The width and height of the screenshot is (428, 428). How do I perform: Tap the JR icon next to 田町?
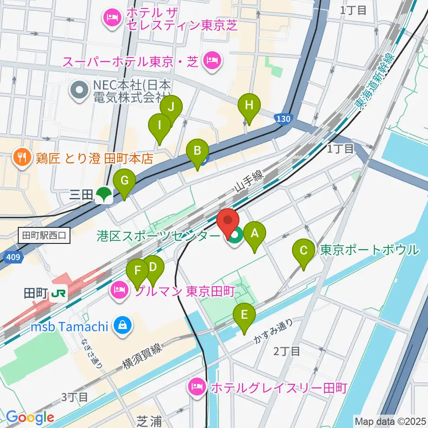pyautogui.click(x=58, y=294)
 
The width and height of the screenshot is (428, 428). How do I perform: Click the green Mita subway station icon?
pyautogui.click(x=104, y=194)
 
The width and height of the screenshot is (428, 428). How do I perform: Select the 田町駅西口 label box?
pyautogui.click(x=45, y=235)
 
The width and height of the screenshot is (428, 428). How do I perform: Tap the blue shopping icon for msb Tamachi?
pyautogui.click(x=120, y=325)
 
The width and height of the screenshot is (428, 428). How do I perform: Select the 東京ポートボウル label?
pyautogui.click(x=370, y=250)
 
